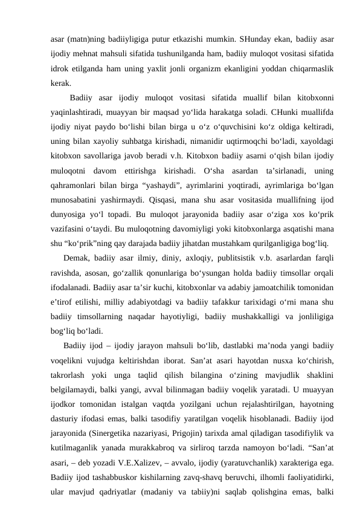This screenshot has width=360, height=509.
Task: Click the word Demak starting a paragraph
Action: [75, 273]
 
